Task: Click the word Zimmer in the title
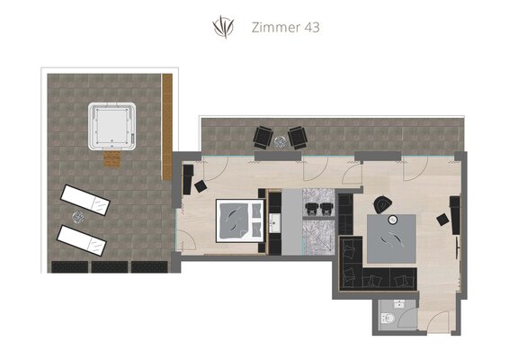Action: point(276,27)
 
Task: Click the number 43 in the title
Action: point(312,27)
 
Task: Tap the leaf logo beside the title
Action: point(223,27)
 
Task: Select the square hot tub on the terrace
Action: point(112,126)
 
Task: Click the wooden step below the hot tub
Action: point(112,159)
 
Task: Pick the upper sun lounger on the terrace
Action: point(85,200)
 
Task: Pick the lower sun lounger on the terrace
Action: point(82,240)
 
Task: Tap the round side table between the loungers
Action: point(78,217)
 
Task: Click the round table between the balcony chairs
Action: point(281,141)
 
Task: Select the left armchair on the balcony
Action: point(263,137)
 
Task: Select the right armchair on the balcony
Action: point(298,138)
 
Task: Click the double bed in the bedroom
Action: point(240,220)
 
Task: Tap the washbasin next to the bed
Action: point(274,223)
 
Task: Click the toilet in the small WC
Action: point(388,318)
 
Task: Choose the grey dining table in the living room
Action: point(391,238)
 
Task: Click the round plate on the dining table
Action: point(393,220)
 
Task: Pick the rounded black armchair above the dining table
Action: point(383,204)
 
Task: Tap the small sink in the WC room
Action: point(399,304)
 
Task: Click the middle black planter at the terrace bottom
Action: point(110,266)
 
